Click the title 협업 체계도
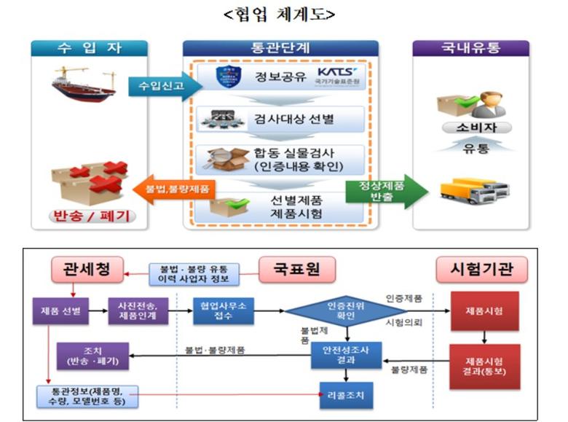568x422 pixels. point(284,15)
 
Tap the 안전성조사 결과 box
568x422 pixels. point(346,355)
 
